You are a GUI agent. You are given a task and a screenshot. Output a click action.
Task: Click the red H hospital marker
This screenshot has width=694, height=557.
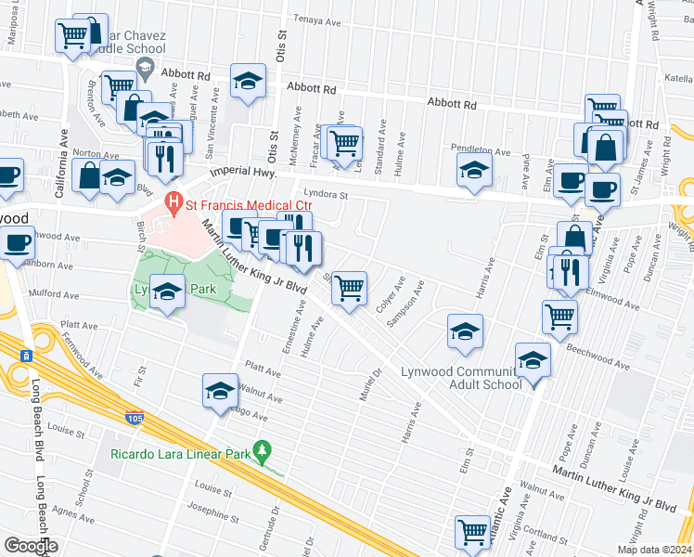click(x=171, y=201)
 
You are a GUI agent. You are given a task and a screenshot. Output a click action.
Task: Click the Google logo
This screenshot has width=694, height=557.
click(x=31, y=546)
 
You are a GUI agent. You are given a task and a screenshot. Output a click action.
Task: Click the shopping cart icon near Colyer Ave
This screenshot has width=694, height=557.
click(x=349, y=288)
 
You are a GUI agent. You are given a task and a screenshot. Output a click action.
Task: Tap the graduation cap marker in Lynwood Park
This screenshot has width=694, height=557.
click(x=167, y=294)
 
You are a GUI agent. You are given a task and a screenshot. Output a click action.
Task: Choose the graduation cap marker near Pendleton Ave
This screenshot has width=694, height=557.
click(x=474, y=171)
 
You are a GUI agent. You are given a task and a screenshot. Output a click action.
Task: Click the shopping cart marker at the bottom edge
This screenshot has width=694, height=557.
click(x=472, y=533)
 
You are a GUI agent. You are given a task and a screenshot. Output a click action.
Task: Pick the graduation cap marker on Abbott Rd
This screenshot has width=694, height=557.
click(x=248, y=82)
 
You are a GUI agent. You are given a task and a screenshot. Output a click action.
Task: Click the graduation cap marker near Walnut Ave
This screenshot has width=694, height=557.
click(x=220, y=390)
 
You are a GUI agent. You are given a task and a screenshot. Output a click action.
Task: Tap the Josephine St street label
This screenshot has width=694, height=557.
click(x=213, y=512)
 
